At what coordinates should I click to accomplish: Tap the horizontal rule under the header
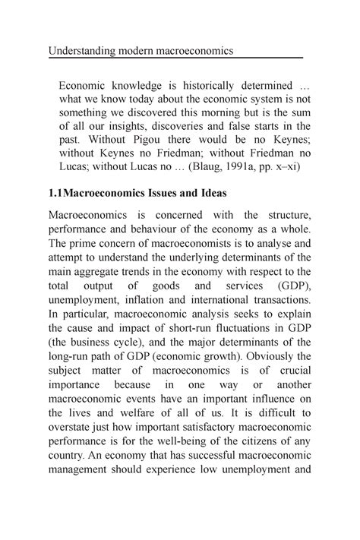click(175, 58)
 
